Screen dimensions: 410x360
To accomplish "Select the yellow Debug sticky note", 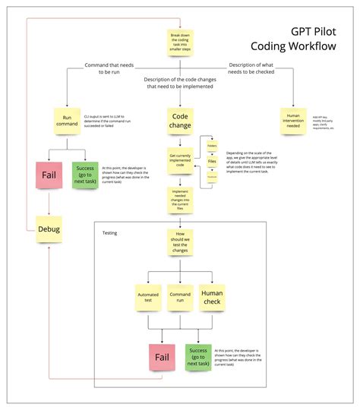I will tap(49, 229).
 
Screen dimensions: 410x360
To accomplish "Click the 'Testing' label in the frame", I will tap(109, 232).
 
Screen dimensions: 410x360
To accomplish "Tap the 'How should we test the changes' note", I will tap(179, 243).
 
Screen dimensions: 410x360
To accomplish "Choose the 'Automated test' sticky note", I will tap(147, 298).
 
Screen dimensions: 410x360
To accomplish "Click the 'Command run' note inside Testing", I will tap(180, 298).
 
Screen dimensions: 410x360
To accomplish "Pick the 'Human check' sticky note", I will tap(212, 298).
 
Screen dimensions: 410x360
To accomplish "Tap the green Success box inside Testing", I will tap(197, 357).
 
